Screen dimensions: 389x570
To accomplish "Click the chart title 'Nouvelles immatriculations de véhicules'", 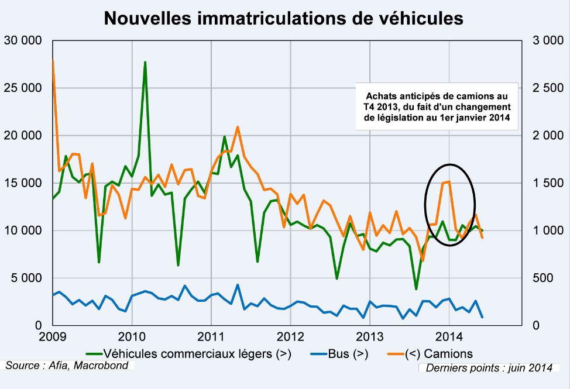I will pyautogui.click(x=284, y=18).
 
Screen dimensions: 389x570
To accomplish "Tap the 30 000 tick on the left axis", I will pyautogui.click(x=23, y=40).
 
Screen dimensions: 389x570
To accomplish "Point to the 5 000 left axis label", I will pyautogui.click(x=26, y=278).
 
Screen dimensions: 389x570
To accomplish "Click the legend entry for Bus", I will pyautogui.click(x=339, y=353).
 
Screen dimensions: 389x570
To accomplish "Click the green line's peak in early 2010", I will pyautogui.click(x=145, y=62).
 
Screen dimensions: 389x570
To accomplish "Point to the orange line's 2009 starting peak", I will pyautogui.click(x=53, y=60).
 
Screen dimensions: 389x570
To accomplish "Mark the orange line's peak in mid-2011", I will pyautogui.click(x=238, y=126).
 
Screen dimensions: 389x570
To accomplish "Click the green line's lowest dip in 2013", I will pyautogui.click(x=416, y=289).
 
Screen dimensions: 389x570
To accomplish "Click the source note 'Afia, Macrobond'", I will pyautogui.click(x=68, y=366).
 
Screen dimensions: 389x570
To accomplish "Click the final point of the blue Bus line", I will pyautogui.click(x=482, y=317).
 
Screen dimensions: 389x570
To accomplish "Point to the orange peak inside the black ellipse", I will pyautogui.click(x=448, y=181).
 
